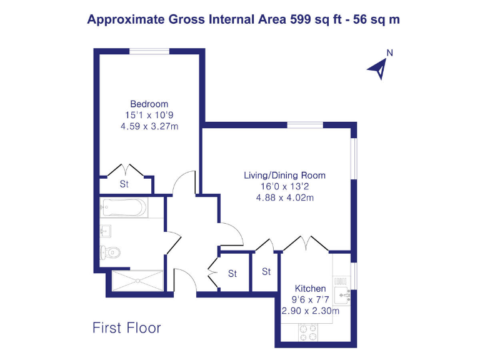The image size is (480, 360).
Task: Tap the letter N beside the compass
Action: point(389,53)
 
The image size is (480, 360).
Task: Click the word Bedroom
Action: point(149,104)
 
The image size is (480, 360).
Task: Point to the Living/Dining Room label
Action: point(284,175)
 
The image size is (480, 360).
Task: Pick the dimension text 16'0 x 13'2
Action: point(284,186)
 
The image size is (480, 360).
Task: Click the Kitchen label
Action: point(311,288)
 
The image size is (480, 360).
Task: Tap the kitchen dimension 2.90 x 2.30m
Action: point(311,311)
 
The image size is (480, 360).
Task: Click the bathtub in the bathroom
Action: point(124,207)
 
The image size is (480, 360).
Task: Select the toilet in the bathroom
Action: point(110,252)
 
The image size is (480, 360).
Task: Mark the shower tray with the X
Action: point(137,281)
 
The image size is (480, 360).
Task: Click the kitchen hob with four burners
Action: point(307,332)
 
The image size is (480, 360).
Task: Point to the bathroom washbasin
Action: point(104,232)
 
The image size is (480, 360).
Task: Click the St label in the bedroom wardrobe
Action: point(124,184)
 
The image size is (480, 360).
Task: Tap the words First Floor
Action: point(127,327)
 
